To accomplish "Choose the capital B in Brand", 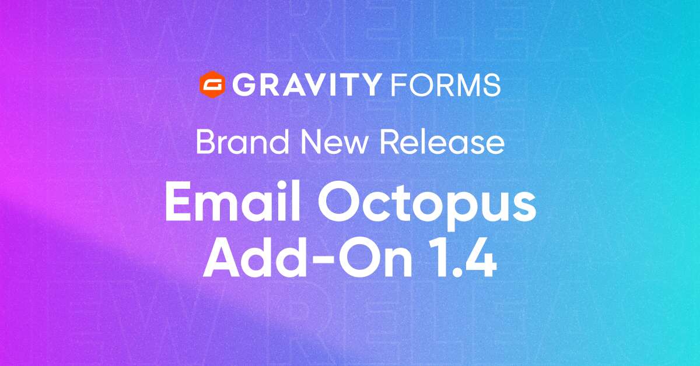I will coord(205,142).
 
